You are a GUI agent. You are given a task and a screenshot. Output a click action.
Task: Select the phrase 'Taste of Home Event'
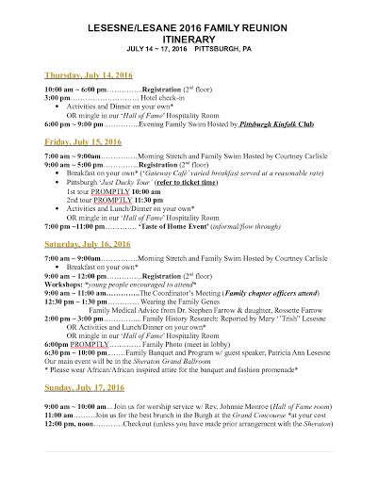(173, 226)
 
